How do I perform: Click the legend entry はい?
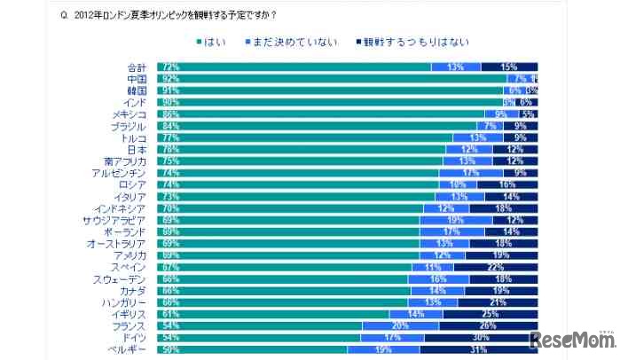point(212,42)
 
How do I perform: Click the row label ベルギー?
point(130,349)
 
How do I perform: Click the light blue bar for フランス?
point(400,325)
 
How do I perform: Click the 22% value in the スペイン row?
point(496,266)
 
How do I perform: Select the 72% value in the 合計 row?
point(168,67)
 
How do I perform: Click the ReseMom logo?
point(573,340)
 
